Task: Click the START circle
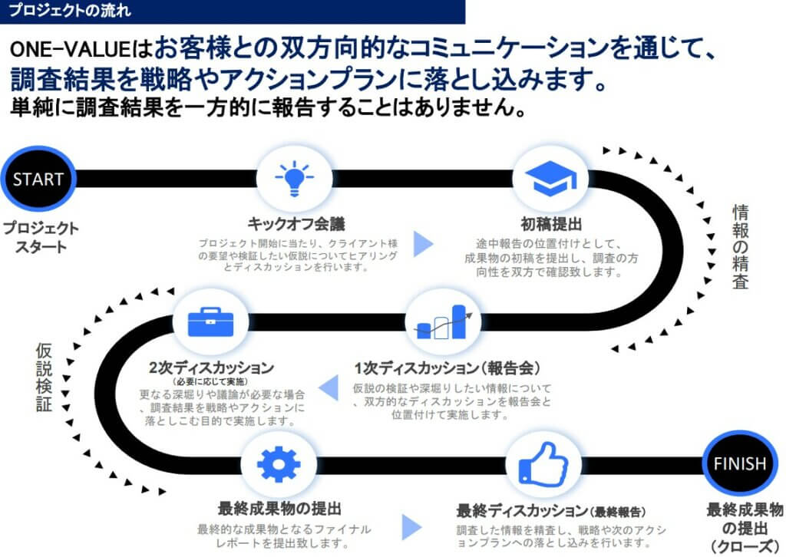(x=38, y=180)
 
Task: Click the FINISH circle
(x=740, y=463)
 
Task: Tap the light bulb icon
(x=293, y=178)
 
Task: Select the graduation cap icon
(x=550, y=178)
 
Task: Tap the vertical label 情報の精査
(x=740, y=246)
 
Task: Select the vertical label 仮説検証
(x=44, y=377)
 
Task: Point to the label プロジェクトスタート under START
(x=39, y=237)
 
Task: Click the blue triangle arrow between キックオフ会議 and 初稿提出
(x=424, y=242)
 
